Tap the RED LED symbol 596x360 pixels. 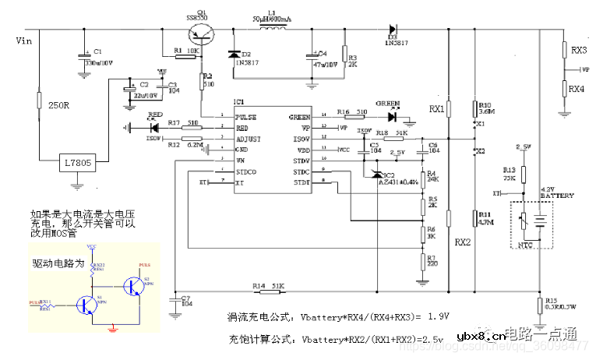153,127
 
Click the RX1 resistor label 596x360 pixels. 436,109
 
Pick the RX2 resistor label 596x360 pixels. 463,242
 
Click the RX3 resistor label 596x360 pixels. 579,51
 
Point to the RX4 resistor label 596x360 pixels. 577,90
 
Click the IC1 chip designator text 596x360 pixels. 238,102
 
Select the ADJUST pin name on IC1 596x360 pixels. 249,139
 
